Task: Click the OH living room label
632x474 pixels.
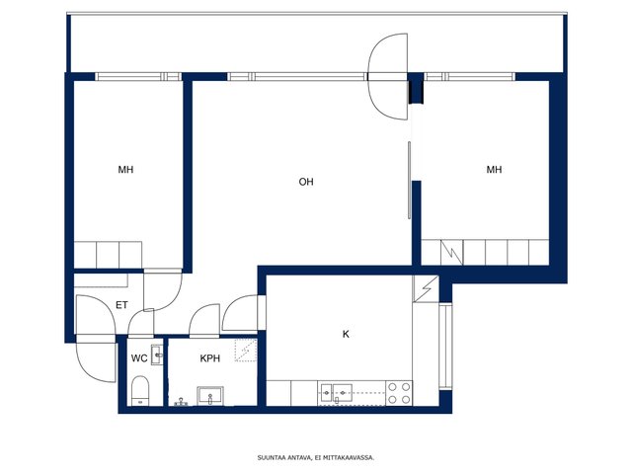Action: (x=306, y=182)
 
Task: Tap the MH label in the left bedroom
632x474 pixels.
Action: (x=125, y=170)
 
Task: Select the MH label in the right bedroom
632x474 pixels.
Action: (x=494, y=170)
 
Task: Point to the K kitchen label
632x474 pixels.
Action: (x=346, y=334)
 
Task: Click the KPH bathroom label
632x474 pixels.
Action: (x=210, y=358)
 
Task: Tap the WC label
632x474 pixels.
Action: (x=139, y=358)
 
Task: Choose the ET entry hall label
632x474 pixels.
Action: (x=121, y=305)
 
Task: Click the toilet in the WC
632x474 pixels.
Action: (x=140, y=391)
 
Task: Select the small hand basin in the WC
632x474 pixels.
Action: (x=157, y=355)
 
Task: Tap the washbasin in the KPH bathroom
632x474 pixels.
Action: (x=210, y=396)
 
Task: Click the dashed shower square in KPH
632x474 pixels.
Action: (x=246, y=351)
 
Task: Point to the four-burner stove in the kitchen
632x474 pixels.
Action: (x=399, y=393)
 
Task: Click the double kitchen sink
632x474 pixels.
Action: (x=336, y=393)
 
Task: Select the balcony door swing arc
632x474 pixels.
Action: (x=388, y=77)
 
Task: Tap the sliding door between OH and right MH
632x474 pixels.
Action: (x=409, y=180)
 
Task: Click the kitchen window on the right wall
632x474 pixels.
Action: (x=445, y=347)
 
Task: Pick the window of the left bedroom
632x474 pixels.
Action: (x=138, y=77)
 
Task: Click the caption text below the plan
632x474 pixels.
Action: (x=316, y=457)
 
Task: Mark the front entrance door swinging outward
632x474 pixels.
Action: (x=97, y=358)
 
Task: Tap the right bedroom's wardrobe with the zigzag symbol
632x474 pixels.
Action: (x=451, y=253)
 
